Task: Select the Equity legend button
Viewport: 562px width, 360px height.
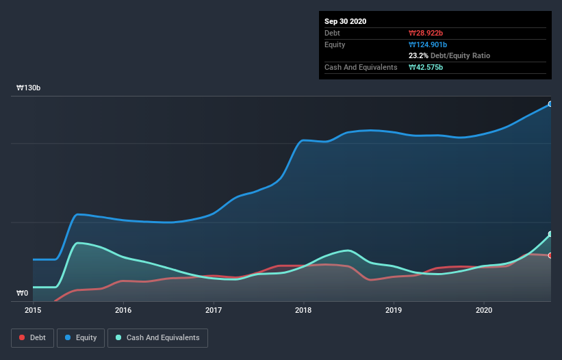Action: pos(80,337)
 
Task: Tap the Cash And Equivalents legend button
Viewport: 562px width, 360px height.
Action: pos(157,337)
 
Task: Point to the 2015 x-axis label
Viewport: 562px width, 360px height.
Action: pos(33,310)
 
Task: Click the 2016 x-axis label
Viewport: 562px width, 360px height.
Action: pos(123,310)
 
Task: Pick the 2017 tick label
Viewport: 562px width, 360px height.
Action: pos(214,310)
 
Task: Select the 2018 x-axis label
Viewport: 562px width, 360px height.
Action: pos(304,310)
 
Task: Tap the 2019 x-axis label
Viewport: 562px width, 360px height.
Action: pos(394,310)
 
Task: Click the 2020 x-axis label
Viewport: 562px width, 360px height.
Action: pos(484,310)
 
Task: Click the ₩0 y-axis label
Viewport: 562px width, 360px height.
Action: pos(23,294)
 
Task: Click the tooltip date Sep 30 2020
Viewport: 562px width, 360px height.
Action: pos(345,21)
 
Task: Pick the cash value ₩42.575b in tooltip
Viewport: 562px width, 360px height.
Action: pos(426,67)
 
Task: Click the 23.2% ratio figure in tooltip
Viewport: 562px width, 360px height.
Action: pos(419,55)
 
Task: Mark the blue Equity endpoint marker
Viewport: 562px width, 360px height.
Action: pos(550,104)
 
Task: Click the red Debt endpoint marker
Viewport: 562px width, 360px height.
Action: pos(550,255)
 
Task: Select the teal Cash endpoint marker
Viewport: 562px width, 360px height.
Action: pos(550,234)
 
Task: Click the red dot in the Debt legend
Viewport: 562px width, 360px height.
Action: pos(22,337)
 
